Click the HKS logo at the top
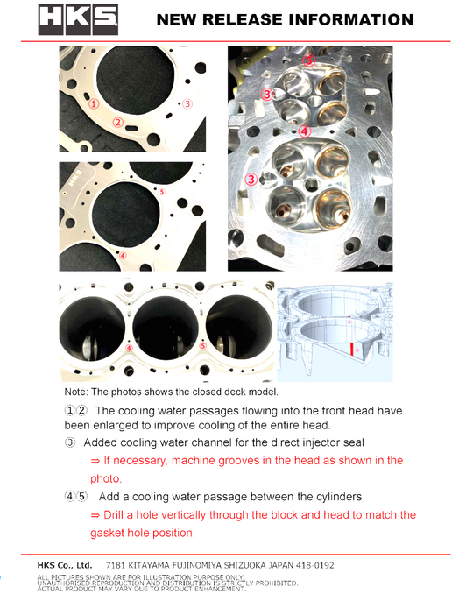pos(78,19)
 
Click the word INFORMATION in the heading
pos(356,19)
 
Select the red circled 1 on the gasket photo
pos(94,103)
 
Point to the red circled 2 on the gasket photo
pos(118,122)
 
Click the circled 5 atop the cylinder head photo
pos(309,60)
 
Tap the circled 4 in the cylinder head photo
pos(305,131)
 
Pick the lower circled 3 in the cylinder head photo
pos(251,179)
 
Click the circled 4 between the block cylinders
pos(129,348)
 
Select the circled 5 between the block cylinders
pos(203,346)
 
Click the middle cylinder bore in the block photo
pos(166,328)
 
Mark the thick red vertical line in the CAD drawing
pos(352,349)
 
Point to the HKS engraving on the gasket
pos(75,178)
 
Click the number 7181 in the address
pos(115,565)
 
